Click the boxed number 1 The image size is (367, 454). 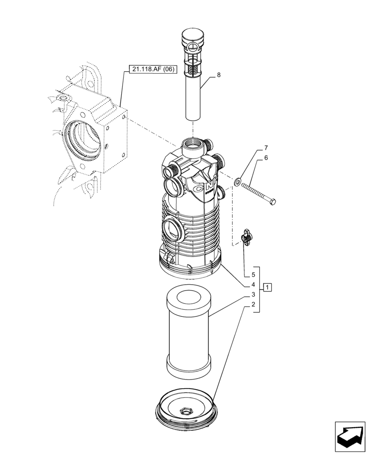pyautogui.click(x=268, y=287)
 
